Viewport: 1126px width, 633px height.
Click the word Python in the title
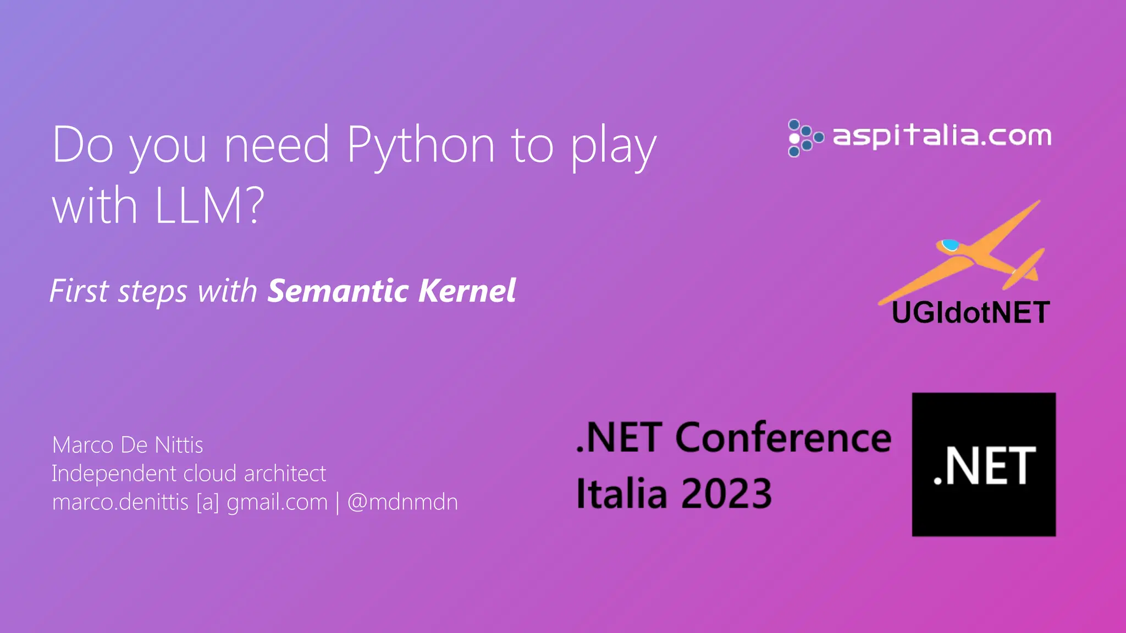pos(421,146)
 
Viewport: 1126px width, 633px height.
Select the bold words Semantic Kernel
pos(391,291)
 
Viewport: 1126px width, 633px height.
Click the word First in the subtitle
pos(80,291)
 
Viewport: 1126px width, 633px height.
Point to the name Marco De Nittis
pos(128,445)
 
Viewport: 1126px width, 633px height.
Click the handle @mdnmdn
pos(402,502)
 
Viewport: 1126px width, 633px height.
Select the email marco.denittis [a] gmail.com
pos(190,502)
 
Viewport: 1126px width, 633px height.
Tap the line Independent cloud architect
pos(189,474)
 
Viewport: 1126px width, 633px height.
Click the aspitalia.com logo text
pos(942,136)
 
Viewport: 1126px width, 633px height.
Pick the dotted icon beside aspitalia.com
pos(805,138)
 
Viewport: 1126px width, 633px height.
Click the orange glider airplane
pos(968,253)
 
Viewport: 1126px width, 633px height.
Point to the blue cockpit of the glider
pos(950,245)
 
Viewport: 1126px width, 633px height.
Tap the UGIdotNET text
pos(970,313)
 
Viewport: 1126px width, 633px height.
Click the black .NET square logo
pos(984,464)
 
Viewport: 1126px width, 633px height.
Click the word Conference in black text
pos(783,438)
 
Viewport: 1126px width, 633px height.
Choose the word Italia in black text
pos(620,493)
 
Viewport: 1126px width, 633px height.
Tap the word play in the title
pos(613,147)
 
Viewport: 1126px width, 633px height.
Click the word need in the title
pos(277,146)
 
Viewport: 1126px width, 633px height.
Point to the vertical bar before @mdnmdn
pos(338,502)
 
